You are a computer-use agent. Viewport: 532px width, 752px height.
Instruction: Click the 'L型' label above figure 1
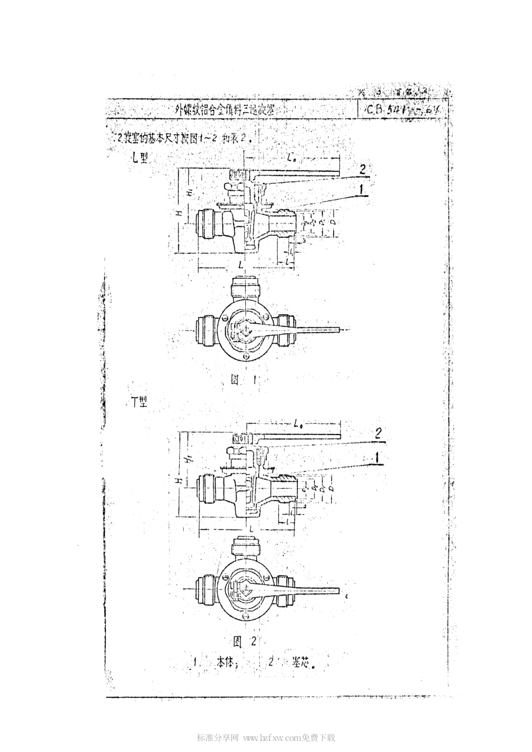(139, 158)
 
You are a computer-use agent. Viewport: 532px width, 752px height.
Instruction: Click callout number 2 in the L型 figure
(362, 168)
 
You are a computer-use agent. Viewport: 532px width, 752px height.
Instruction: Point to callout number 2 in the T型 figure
(378, 432)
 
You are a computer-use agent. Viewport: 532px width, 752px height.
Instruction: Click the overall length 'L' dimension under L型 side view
(240, 263)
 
